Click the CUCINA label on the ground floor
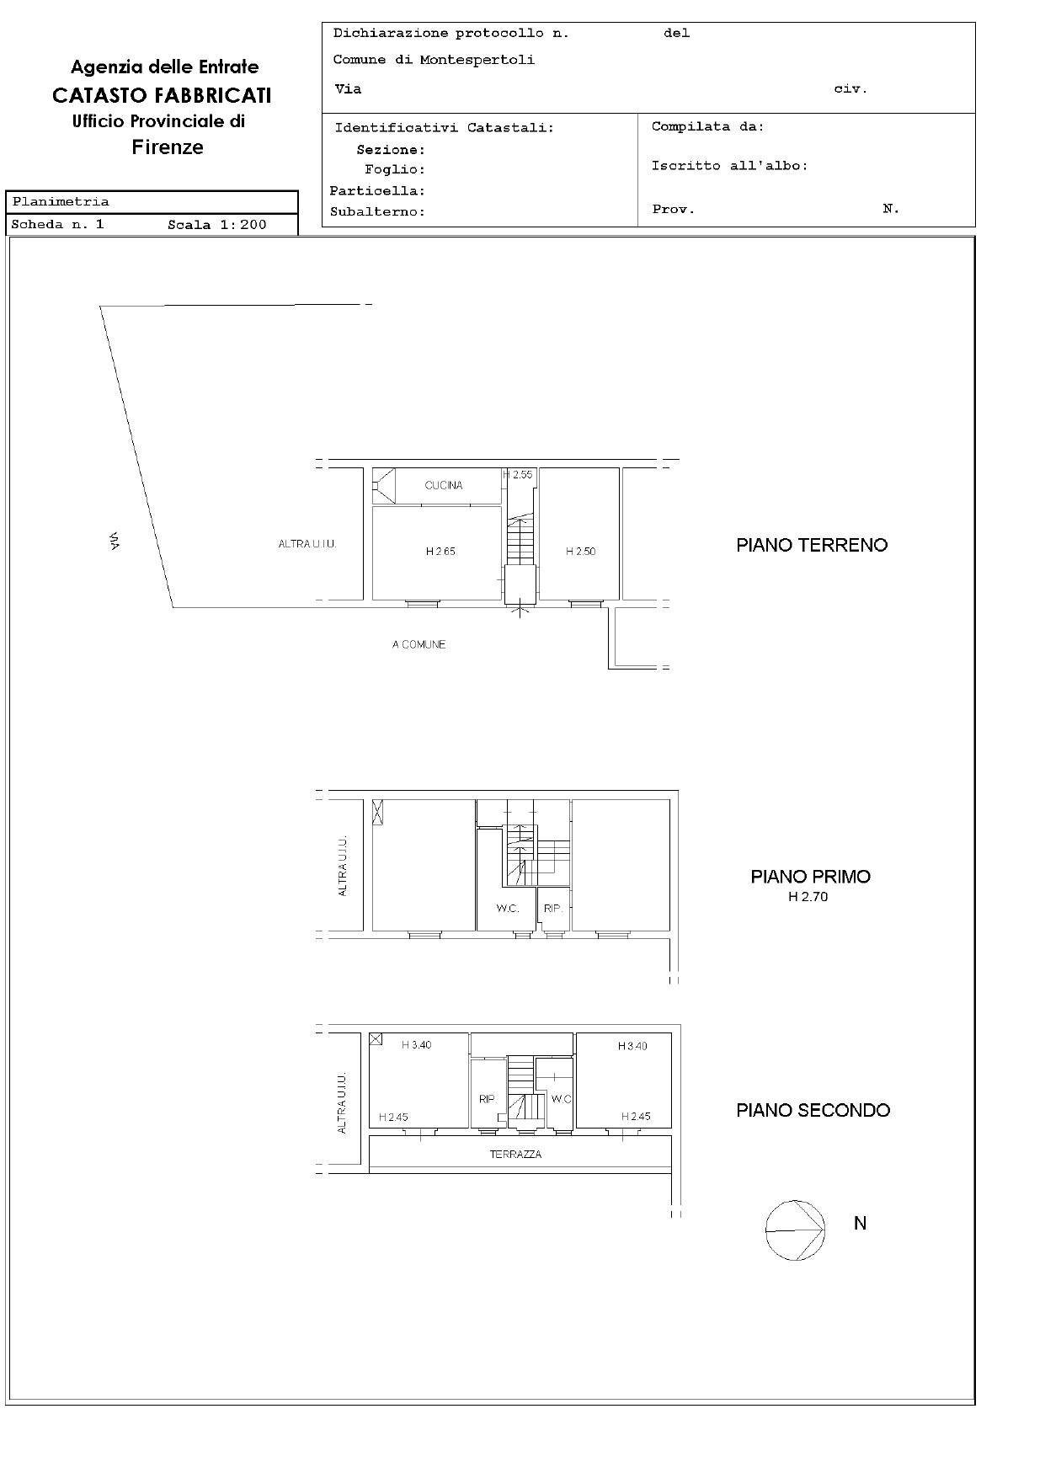tap(444, 485)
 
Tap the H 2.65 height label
tap(440, 552)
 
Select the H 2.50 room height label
tap(580, 552)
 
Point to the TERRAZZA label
tap(515, 1155)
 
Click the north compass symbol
tap(795, 1230)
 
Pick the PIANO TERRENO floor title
tap(812, 545)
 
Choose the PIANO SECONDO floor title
tap(813, 1110)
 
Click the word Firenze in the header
tap(168, 147)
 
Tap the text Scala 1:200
tap(216, 225)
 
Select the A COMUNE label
tap(419, 644)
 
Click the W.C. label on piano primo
tap(507, 909)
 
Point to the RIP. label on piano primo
tap(552, 909)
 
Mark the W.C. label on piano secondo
tap(562, 1099)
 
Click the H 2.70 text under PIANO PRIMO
tap(808, 897)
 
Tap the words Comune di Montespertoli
tap(434, 60)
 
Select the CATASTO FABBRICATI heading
tap(162, 95)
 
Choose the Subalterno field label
tap(377, 212)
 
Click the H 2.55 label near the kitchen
tap(519, 475)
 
